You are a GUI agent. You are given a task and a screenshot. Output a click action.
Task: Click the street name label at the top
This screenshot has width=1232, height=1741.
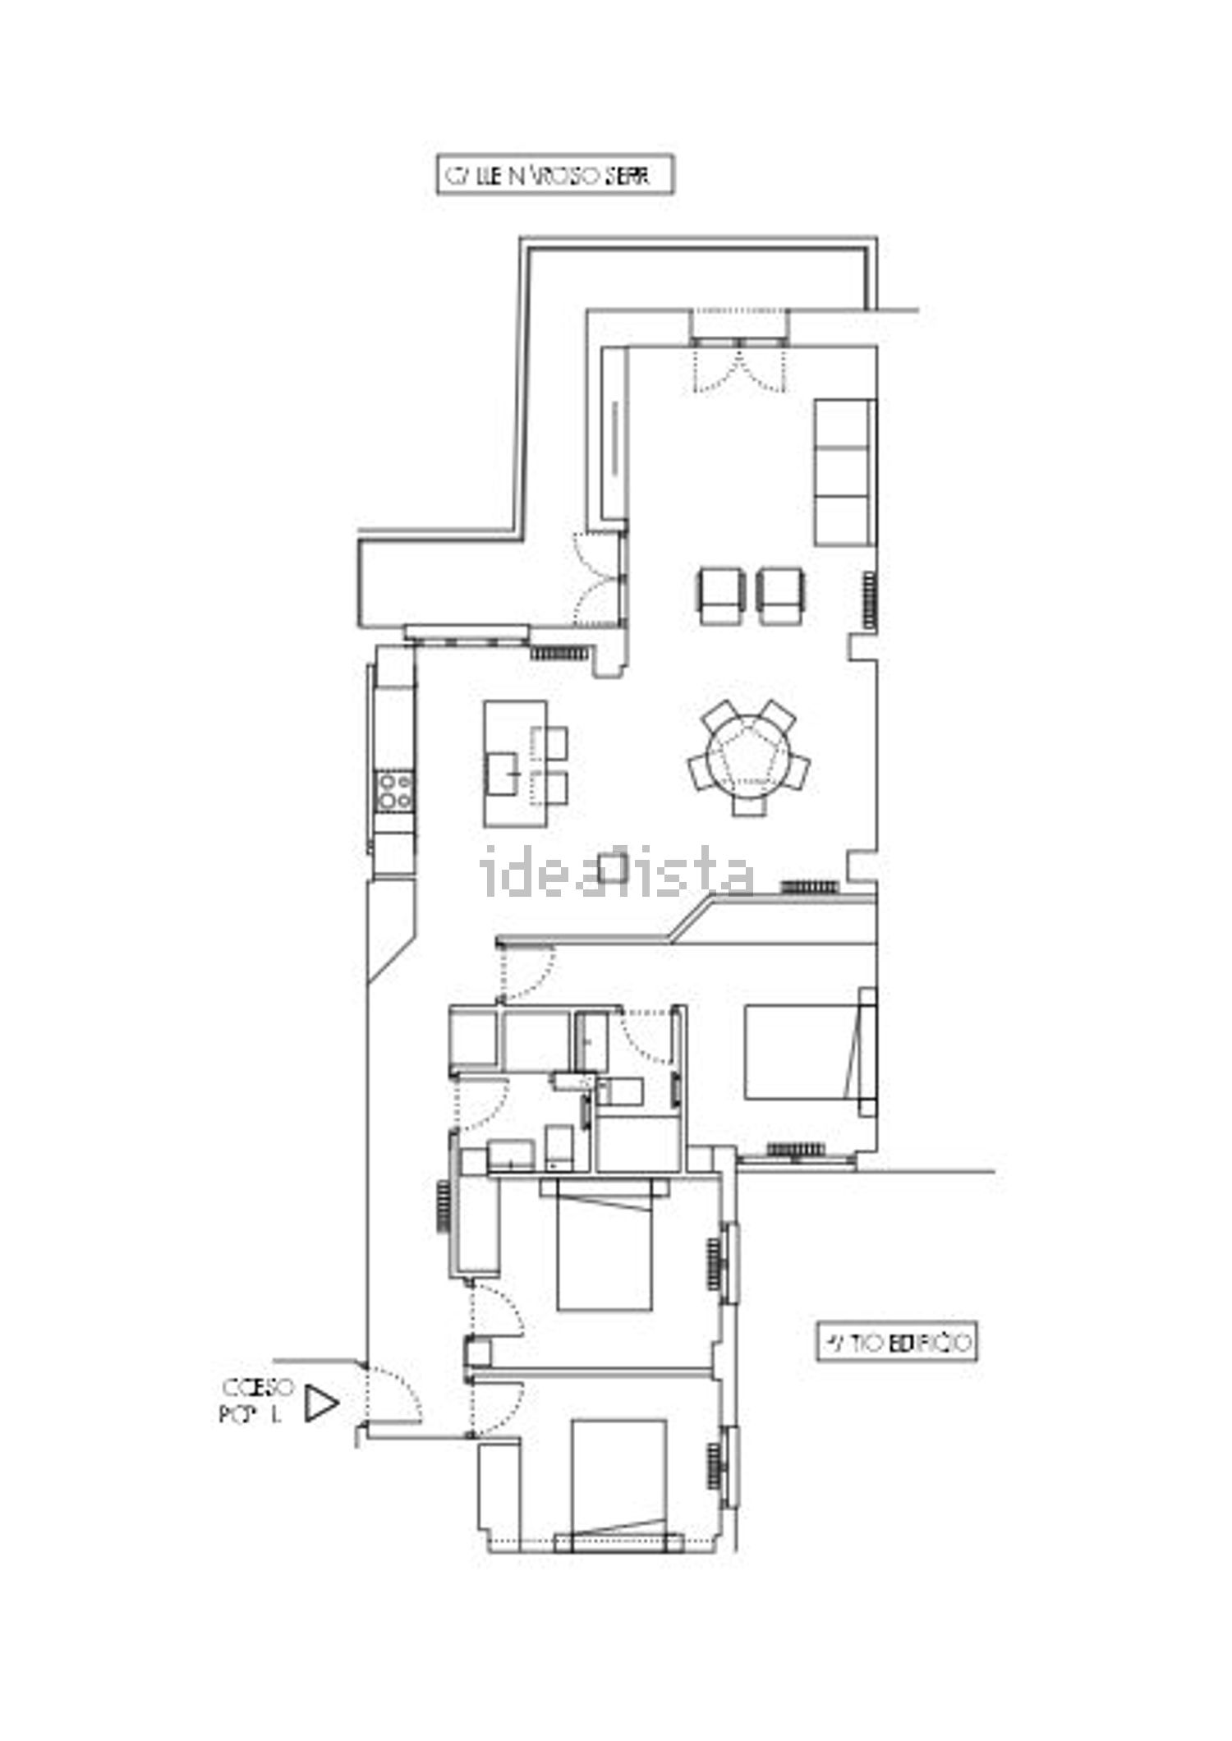point(554,177)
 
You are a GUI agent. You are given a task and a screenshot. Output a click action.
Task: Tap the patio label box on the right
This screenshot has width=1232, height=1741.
point(896,1342)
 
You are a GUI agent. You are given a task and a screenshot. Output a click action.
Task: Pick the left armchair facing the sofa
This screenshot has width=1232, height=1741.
point(720,595)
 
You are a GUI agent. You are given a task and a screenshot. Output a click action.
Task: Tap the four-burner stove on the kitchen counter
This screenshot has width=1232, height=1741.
point(394,790)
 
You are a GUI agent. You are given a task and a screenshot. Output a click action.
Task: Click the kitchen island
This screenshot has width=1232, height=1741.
point(515,762)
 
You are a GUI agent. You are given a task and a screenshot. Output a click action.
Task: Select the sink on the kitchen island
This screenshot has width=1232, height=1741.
point(509,772)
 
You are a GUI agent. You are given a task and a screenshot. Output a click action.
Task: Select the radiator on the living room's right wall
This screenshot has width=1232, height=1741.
point(869,599)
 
